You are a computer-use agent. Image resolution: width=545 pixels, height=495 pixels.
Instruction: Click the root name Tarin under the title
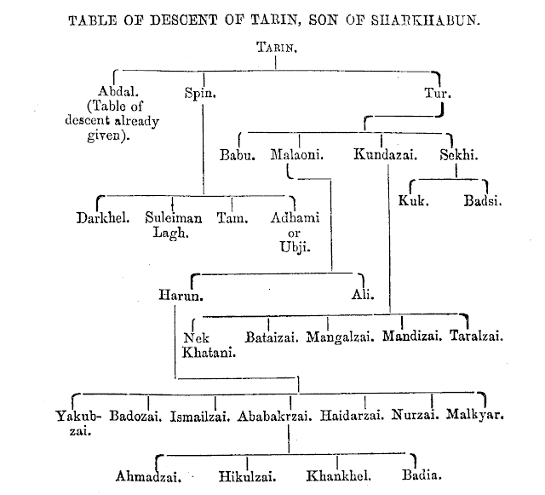[x=277, y=47]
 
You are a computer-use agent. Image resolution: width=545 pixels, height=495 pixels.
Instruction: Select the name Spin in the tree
[x=200, y=93]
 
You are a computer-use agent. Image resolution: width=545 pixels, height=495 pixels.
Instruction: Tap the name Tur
[x=438, y=93]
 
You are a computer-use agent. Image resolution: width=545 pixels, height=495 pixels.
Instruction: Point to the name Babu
[x=238, y=155]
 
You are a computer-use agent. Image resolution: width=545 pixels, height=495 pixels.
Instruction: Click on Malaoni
[x=297, y=154]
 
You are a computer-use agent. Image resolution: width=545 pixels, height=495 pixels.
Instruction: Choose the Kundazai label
[x=386, y=154]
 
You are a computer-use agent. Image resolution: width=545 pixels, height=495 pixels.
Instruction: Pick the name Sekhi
[x=459, y=154]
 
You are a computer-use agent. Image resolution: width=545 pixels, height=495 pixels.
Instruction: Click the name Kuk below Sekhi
[x=413, y=201]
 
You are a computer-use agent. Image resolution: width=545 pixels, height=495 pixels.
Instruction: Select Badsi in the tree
[x=483, y=201]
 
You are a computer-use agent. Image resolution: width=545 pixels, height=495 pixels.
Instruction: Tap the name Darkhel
[x=103, y=218]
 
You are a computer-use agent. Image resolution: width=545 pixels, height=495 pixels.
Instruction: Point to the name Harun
[x=181, y=295]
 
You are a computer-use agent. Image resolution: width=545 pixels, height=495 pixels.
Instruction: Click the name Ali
[x=363, y=295]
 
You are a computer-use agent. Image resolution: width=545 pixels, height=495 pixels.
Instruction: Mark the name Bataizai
[x=272, y=337]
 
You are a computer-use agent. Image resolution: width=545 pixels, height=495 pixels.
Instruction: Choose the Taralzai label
[x=477, y=336]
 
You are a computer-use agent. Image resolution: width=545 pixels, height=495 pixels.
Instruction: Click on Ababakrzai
[x=274, y=416]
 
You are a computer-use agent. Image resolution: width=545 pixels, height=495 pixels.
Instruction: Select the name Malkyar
[x=475, y=414]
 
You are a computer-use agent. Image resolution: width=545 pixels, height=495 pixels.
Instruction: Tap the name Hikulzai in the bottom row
[x=248, y=476]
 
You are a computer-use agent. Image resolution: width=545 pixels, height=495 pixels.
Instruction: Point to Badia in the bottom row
[x=422, y=475]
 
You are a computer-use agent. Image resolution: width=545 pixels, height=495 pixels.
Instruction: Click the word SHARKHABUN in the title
[x=426, y=20]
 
